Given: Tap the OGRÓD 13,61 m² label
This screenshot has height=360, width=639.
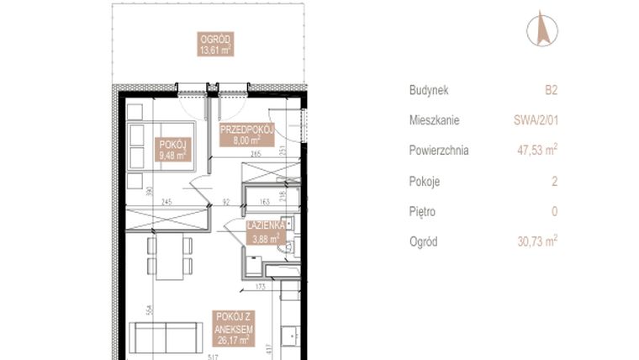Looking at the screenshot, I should point(215,44).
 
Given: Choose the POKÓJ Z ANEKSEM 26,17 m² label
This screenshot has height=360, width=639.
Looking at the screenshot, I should point(236,327).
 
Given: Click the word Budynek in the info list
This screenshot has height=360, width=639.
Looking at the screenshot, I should point(430,89).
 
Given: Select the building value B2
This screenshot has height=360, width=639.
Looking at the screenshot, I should point(551,89).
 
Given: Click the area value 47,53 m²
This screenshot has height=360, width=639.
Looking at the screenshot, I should point(538,151).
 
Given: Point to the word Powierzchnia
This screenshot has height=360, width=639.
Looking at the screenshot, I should point(439,151).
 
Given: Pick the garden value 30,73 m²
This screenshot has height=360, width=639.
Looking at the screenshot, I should point(538,241).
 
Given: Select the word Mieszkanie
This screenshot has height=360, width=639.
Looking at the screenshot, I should point(435,120).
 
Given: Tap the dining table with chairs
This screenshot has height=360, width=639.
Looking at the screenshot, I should point(170,257).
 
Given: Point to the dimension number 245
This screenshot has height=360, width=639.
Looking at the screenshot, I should point(166,201).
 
